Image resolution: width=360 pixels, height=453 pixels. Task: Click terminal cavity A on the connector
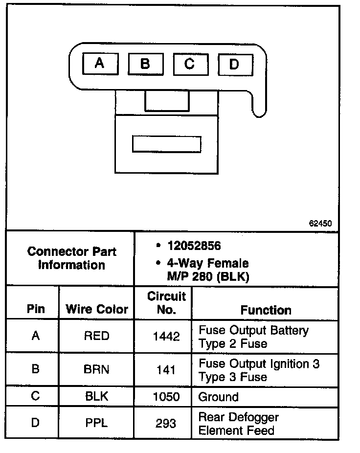pyautogui.click(x=100, y=63)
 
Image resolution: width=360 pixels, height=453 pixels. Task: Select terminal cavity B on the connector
pyautogui.click(x=145, y=64)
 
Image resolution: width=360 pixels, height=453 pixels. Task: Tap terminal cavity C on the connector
pyautogui.click(x=190, y=64)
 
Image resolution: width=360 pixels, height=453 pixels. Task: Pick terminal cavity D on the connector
pyautogui.click(x=234, y=64)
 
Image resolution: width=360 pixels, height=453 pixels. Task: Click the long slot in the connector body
pyautogui.click(x=166, y=144)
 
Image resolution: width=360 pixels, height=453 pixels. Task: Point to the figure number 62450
pyautogui.click(x=321, y=223)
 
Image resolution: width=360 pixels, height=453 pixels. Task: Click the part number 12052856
pyautogui.click(x=194, y=246)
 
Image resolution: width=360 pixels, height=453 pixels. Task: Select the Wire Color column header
pyautogui.click(x=97, y=309)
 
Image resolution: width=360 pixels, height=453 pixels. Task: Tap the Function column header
pyautogui.click(x=266, y=310)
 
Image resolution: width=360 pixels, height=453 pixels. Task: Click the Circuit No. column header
pyautogui.click(x=166, y=303)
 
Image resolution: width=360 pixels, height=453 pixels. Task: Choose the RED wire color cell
pyautogui.click(x=96, y=337)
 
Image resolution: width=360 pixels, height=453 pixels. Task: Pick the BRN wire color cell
pyautogui.click(x=96, y=370)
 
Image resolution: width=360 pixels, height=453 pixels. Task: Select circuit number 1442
pyautogui.click(x=166, y=337)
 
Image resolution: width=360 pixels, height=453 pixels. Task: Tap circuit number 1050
pyautogui.click(x=166, y=397)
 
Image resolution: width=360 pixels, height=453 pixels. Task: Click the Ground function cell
pyautogui.click(x=218, y=397)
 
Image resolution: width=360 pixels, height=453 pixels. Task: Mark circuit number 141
pyautogui.click(x=166, y=370)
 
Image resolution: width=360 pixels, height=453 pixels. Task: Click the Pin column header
pyautogui.click(x=35, y=309)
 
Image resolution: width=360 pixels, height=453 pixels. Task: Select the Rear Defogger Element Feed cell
pyautogui.click(x=238, y=424)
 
